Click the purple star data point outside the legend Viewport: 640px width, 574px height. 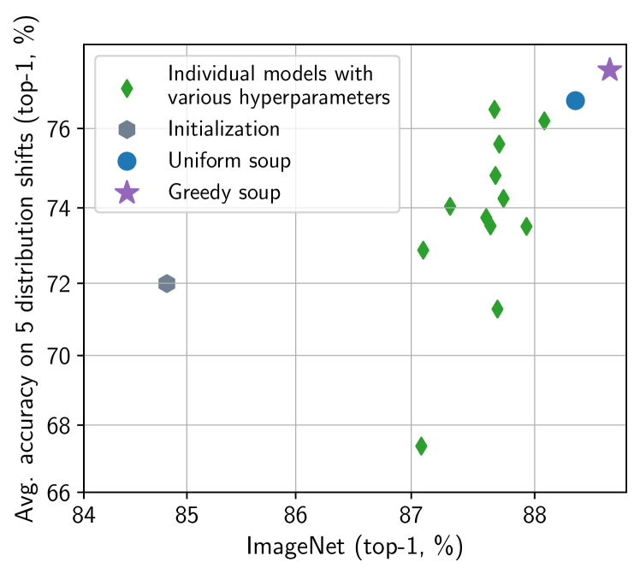(608, 69)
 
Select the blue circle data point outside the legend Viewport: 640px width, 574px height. (575, 101)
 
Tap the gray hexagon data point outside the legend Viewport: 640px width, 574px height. (167, 283)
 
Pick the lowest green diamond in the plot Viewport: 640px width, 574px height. (421, 446)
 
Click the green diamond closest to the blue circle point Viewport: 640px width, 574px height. (544, 121)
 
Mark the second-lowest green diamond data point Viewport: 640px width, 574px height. (497, 309)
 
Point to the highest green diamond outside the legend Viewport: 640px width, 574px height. (494, 109)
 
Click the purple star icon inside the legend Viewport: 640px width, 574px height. (127, 192)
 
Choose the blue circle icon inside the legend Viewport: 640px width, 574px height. (127, 161)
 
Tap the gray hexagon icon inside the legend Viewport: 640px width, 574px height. (127, 129)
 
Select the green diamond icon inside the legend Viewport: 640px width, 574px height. (127, 88)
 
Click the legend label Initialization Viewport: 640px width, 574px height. (223, 129)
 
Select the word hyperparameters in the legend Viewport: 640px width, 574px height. (317, 98)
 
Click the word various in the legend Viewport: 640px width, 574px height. (198, 98)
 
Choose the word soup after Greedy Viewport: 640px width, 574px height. (259, 192)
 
